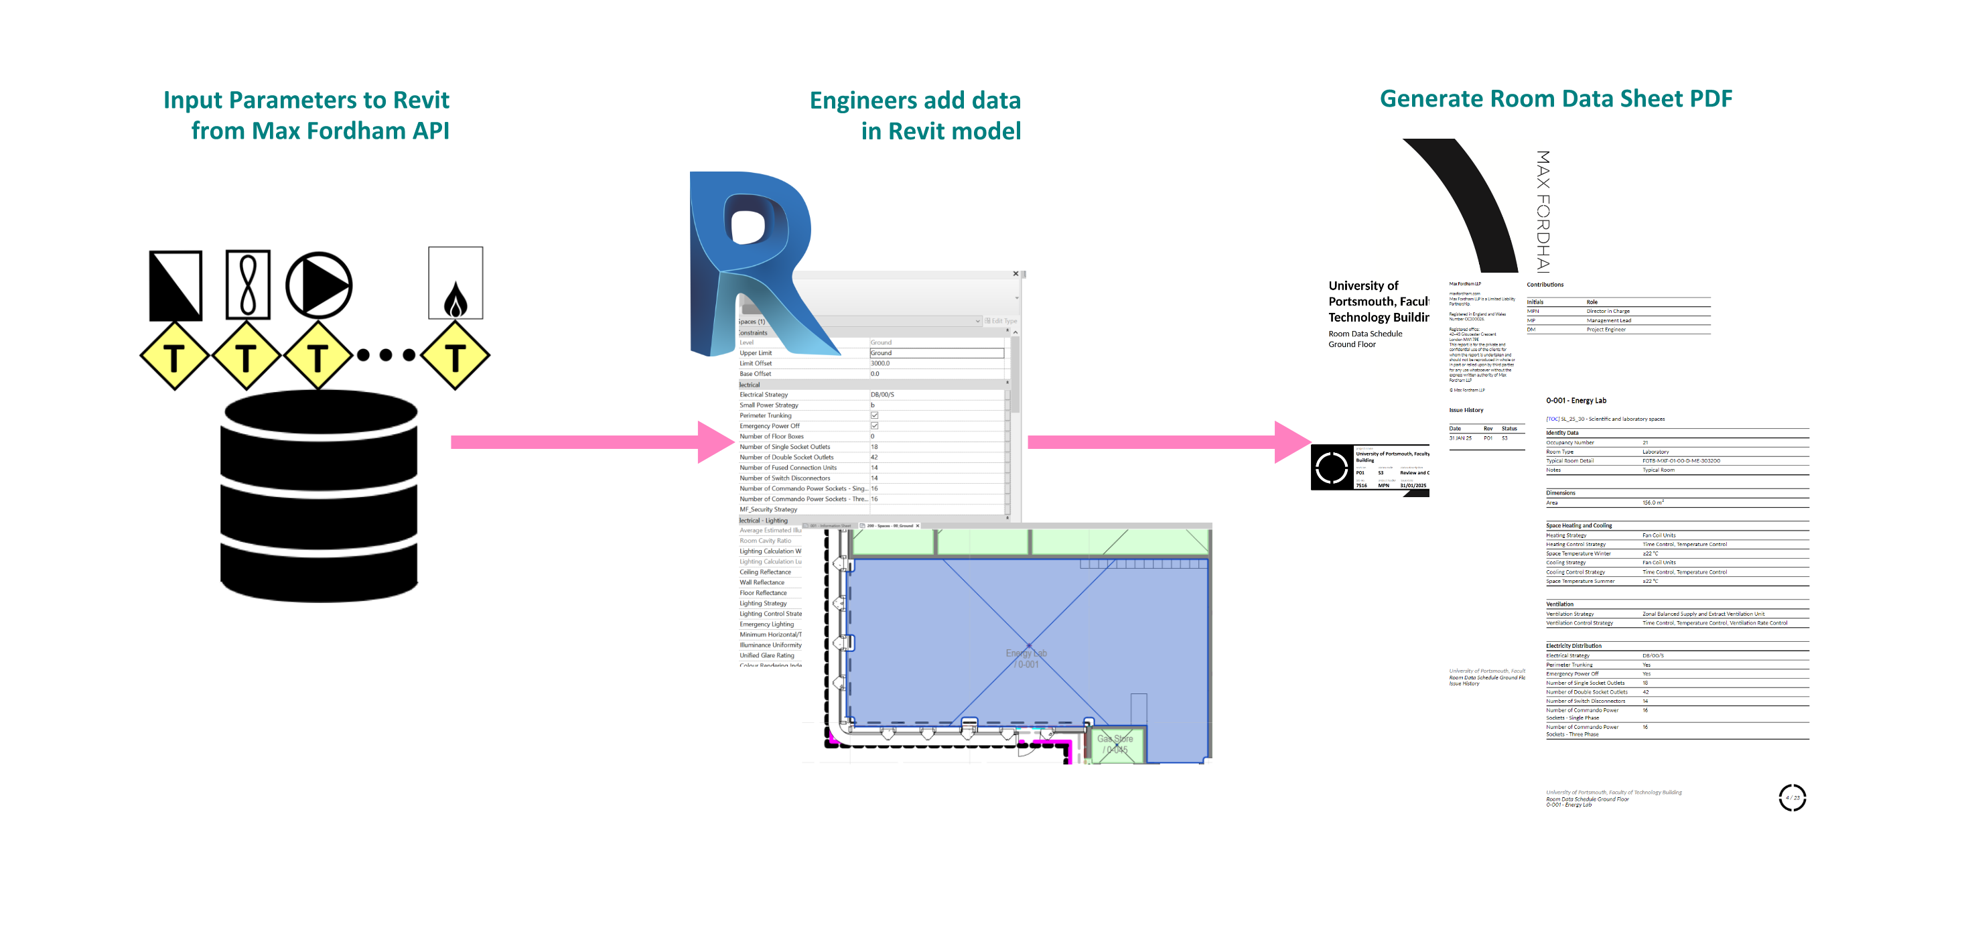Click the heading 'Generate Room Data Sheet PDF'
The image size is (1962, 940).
click(x=1555, y=98)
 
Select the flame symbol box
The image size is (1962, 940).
click(x=456, y=283)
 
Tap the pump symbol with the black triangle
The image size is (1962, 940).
click(x=318, y=285)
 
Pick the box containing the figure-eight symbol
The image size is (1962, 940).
click(x=248, y=284)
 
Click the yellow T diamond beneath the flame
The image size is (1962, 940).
click(x=455, y=356)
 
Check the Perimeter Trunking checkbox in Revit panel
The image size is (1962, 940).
click(x=874, y=416)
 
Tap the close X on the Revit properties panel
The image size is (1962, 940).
click(x=1015, y=273)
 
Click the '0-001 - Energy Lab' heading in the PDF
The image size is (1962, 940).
click(x=1576, y=401)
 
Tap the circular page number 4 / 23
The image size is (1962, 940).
click(x=1792, y=797)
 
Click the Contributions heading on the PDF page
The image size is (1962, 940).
click(x=1545, y=285)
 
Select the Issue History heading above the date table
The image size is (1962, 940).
click(x=1466, y=410)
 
